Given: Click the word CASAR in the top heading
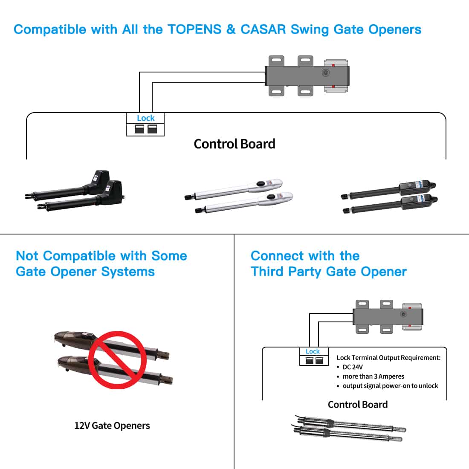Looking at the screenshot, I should [263, 29].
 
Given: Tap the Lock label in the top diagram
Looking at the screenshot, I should [145, 118].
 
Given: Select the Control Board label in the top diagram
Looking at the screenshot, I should [234, 144].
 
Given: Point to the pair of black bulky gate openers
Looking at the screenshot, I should [75, 192].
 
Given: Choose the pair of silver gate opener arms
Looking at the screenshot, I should [239, 196].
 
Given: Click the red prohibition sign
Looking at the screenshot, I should [117, 360].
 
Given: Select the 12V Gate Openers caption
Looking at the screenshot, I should [112, 426].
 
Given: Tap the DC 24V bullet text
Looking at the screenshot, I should [353, 367].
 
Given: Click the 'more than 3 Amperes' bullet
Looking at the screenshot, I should [373, 376].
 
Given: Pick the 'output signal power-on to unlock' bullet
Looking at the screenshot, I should [390, 386].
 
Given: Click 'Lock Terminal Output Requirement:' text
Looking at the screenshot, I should [388, 358].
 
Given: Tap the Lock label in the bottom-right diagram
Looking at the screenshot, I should [313, 351].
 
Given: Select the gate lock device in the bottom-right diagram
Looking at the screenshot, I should [388, 316].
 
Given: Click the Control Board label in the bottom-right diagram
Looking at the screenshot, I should [358, 405].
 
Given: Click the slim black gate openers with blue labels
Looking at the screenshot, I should [389, 198].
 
